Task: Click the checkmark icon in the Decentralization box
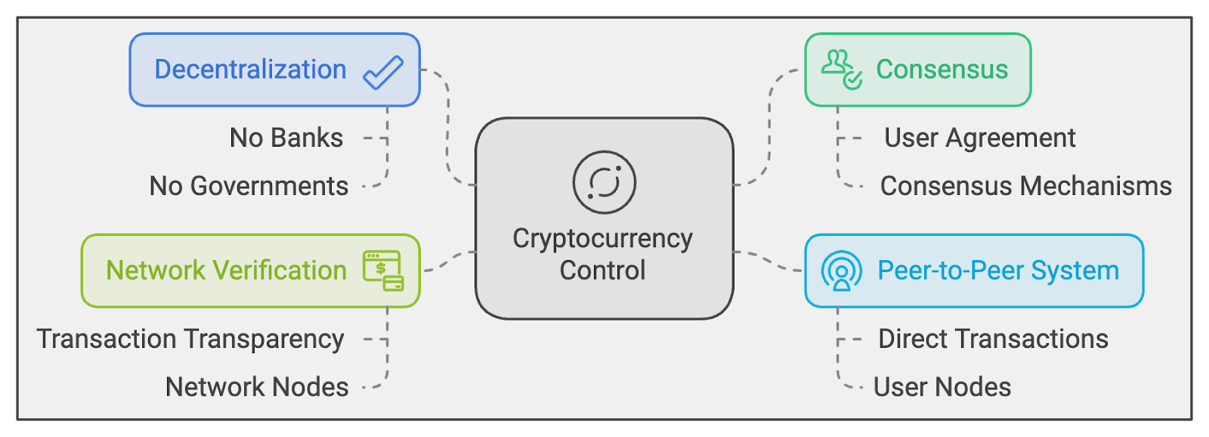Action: pyautogui.click(x=383, y=72)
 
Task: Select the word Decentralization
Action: pyautogui.click(x=250, y=70)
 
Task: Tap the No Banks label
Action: pyautogui.click(x=286, y=138)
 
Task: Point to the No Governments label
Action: pyautogui.click(x=249, y=186)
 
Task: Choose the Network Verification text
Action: pyautogui.click(x=226, y=271)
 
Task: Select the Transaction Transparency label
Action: pyautogui.click(x=190, y=339)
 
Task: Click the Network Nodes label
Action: pyautogui.click(x=257, y=387)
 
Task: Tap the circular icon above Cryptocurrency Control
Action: pyautogui.click(x=604, y=182)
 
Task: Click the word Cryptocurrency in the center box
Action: pyautogui.click(x=602, y=238)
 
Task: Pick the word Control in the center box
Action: pyautogui.click(x=602, y=271)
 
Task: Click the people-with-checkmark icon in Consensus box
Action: pyautogui.click(x=841, y=70)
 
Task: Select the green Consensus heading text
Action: pyautogui.click(x=942, y=70)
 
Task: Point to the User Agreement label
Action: pyautogui.click(x=979, y=138)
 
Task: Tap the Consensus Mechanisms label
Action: pyautogui.click(x=1025, y=186)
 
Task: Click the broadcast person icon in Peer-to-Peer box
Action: pyautogui.click(x=841, y=271)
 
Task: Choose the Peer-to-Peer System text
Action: pyautogui.click(x=997, y=271)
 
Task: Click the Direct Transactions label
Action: pyautogui.click(x=993, y=339)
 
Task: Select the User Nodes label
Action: pyautogui.click(x=942, y=387)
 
